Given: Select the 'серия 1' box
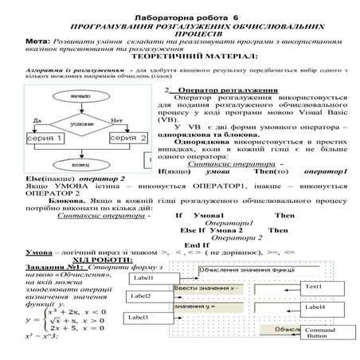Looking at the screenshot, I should tap(41, 139).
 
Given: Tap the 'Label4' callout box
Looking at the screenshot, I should tap(315, 307).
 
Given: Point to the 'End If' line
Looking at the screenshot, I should tap(196, 245).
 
